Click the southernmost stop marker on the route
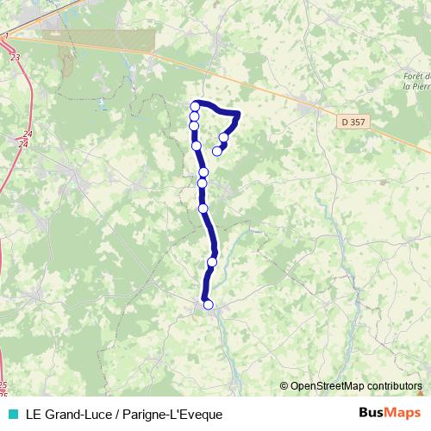click(x=208, y=304)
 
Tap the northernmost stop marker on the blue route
click(x=195, y=106)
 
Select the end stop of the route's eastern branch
click(x=217, y=151)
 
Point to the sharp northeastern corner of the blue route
click(x=237, y=113)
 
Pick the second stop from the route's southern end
click(x=212, y=262)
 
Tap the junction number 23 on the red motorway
click(x=16, y=56)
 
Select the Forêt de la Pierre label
click(x=415, y=87)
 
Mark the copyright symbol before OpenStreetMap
click(x=285, y=386)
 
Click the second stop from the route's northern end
click(x=195, y=116)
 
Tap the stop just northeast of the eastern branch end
click(x=224, y=138)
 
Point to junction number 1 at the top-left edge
click(x=5, y=34)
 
